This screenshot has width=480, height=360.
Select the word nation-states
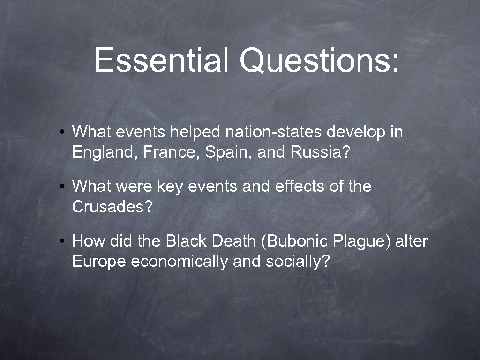274,132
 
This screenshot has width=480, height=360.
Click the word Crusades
112,207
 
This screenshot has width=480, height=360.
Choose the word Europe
99,262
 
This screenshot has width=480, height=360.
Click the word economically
180,262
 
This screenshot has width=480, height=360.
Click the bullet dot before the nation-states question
62,133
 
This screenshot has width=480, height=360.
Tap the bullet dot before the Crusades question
62,187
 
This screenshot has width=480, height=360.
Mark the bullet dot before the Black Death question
62,241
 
